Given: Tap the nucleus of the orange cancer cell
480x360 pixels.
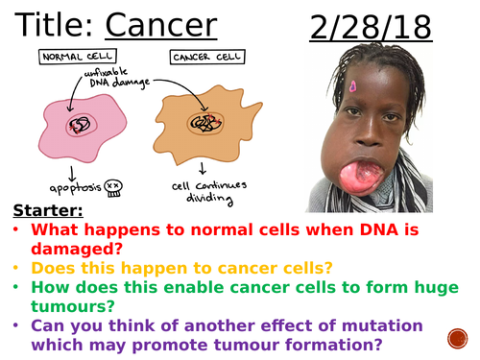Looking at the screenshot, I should (x=205, y=125).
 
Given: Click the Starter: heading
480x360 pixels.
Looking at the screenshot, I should (x=47, y=210).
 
